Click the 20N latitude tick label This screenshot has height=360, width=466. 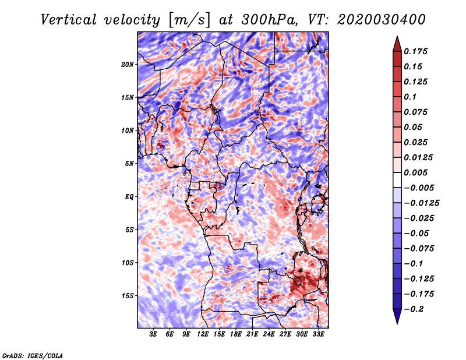128,64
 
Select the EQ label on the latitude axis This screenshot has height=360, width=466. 129,196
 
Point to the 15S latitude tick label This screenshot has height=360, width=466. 128,295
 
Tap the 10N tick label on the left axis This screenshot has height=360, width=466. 128,130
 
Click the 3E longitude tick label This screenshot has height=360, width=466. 153,334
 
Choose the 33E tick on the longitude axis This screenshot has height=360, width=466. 318,334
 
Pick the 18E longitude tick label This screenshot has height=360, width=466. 235,334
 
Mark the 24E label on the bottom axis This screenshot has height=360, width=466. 269,334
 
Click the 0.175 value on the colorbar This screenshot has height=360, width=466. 418,51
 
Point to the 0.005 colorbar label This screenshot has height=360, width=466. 418,173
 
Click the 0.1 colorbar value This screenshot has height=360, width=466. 411,97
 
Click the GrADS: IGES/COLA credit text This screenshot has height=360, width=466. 33,355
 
